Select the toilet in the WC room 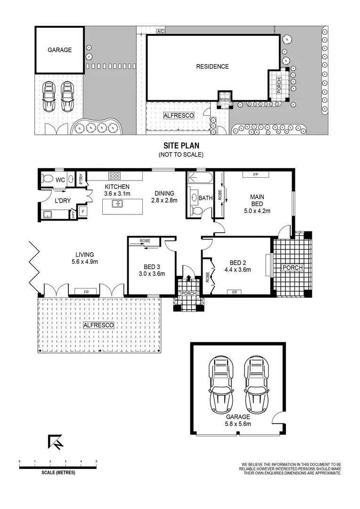pyautogui.click(x=47, y=179)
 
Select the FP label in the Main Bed pyautogui.click(x=255, y=175)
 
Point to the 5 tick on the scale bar pyautogui.click(x=97, y=461)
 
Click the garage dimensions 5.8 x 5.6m pyautogui.click(x=238, y=424)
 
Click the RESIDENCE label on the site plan pyautogui.click(x=212, y=66)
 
